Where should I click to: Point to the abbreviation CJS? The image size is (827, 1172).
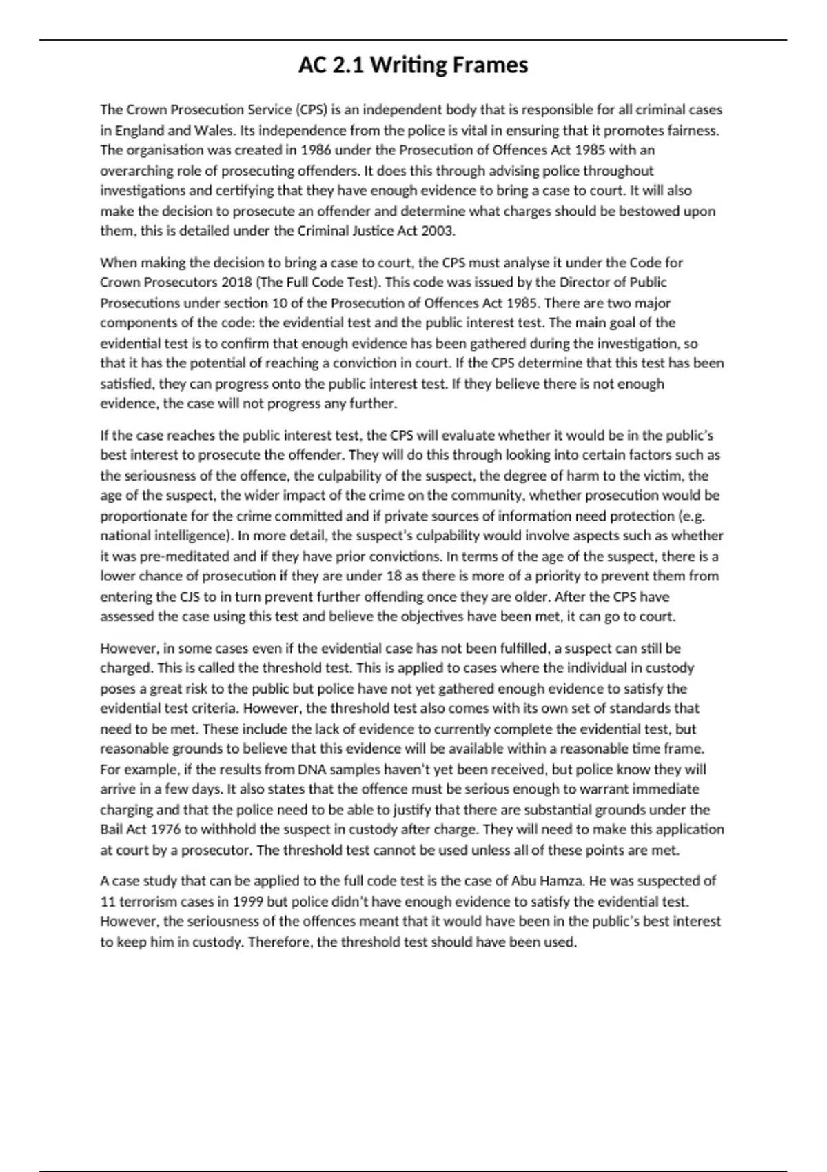click(x=190, y=596)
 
